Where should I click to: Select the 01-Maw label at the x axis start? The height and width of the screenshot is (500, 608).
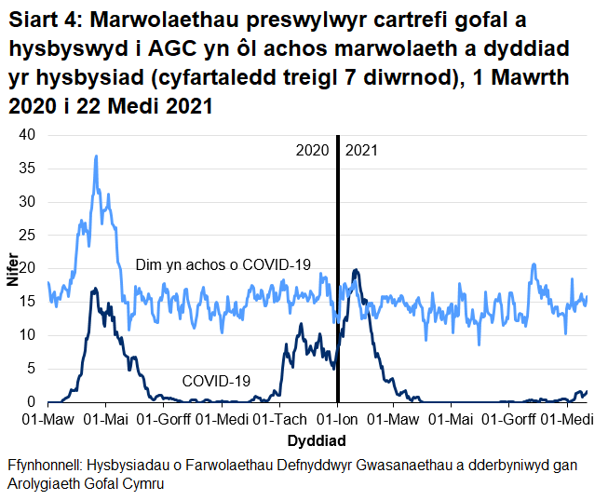click(x=47, y=420)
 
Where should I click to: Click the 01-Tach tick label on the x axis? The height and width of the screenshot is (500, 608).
click(x=279, y=420)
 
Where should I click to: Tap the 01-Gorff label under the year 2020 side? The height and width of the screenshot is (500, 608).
click(x=164, y=420)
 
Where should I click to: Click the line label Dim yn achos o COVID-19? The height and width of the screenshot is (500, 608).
click(x=223, y=265)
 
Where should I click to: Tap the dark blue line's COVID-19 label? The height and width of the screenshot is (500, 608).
click(x=216, y=381)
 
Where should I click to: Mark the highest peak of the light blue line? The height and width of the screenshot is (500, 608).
click(x=96, y=156)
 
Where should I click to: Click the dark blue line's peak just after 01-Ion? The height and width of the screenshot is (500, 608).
click(x=355, y=270)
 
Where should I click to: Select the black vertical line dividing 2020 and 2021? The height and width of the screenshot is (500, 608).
click(x=337, y=279)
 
